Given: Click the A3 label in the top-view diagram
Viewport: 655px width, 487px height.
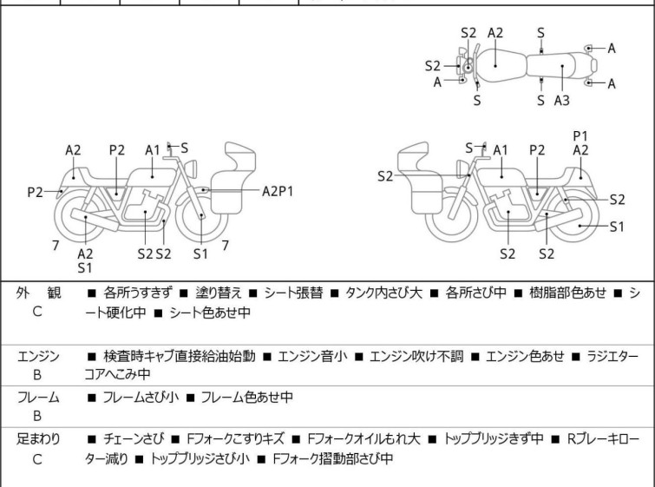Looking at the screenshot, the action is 562,101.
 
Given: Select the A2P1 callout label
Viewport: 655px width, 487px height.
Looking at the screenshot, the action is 278,192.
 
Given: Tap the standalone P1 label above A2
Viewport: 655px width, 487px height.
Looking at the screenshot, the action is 580,136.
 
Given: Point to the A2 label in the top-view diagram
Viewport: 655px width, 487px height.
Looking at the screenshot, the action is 495,33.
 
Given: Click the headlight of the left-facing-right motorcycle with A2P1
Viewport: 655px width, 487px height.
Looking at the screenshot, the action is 191,168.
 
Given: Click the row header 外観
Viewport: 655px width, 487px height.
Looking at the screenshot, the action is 38,293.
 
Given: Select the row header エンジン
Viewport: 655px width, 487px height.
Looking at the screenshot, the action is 38,357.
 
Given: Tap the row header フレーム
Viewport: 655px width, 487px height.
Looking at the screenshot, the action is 38,397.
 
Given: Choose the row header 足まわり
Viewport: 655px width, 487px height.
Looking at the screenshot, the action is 38,438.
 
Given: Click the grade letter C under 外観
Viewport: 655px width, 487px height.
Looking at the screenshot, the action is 37,312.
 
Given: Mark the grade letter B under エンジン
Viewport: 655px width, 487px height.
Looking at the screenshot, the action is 37,375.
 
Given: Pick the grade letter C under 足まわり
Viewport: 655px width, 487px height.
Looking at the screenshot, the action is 37,459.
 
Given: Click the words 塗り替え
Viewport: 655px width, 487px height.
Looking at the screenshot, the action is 219,293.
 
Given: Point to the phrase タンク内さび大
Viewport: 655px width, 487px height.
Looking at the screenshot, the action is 384,293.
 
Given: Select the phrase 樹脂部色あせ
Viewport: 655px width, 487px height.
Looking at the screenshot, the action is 567,293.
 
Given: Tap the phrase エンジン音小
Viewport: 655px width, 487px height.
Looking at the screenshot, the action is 312,356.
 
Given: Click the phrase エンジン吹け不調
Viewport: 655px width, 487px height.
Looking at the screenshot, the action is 416,356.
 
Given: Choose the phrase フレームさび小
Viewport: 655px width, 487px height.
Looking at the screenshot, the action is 141,397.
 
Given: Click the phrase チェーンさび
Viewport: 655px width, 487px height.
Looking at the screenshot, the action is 134,438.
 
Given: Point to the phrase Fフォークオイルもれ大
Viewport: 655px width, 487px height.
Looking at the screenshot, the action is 364,438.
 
